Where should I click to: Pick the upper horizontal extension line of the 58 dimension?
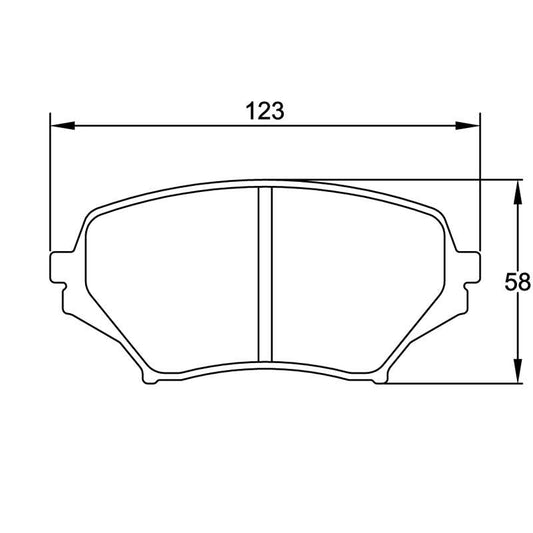[x=420, y=181]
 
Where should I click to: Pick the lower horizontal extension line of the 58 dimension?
[x=450, y=382]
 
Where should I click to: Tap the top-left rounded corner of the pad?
[x=95, y=215]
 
